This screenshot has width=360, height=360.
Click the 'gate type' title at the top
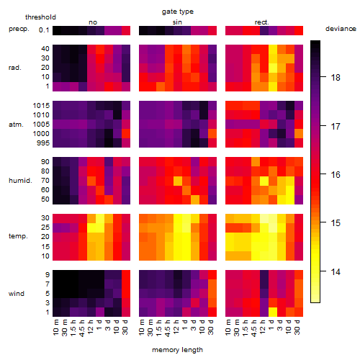coord(178,12)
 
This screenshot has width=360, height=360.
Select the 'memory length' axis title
coord(177,350)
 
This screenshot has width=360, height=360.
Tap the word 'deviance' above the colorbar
coord(341,29)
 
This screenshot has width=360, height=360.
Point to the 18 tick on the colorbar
coord(323,77)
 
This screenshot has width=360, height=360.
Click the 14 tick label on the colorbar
coord(336,272)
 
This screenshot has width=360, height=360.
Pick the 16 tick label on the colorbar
coord(336,174)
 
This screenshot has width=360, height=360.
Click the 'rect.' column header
coord(261,22)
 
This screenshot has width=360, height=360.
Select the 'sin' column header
coord(177,22)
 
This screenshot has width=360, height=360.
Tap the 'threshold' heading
coord(40,17)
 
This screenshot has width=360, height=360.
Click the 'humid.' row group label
coord(20,181)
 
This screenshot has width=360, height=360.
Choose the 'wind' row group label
coord(17,294)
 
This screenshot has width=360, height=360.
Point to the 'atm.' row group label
coord(16,125)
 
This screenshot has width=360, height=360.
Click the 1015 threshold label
coord(41,106)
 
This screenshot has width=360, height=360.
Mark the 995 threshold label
coord(43,143)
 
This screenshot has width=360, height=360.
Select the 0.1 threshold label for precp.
coord(44,30)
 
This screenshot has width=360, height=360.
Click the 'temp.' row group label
coord(18,236)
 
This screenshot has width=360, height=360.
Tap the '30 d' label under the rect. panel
coord(297,327)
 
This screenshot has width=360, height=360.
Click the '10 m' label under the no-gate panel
coord(55,327)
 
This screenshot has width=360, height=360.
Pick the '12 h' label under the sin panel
coord(176,327)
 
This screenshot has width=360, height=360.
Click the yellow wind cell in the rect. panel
coord(273,312)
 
